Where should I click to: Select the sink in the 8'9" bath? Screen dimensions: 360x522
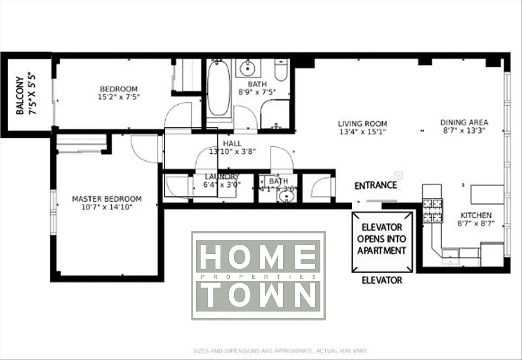click(247, 69)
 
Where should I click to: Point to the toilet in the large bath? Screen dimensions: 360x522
click(281, 71)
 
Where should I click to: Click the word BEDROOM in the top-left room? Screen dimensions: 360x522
click(118, 89)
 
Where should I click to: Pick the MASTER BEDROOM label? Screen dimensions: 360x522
click(107, 199)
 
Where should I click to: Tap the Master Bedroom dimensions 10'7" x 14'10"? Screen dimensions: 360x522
click(107, 207)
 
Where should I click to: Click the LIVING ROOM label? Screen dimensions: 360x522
click(363, 124)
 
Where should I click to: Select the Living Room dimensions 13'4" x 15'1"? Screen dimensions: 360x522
click(363, 132)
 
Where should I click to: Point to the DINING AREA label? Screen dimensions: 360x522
click(464, 122)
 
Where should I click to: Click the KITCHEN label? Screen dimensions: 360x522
click(476, 216)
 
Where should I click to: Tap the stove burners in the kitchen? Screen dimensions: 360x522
click(432, 210)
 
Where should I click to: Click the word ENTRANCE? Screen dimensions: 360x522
click(376, 185)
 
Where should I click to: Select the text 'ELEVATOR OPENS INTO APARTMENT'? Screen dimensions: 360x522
click(381, 239)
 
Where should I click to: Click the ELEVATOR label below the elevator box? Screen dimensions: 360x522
click(382, 280)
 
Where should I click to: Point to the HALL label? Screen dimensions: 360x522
click(232, 143)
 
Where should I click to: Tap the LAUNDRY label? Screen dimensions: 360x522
click(222, 177)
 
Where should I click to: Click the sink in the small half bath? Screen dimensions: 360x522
click(285, 197)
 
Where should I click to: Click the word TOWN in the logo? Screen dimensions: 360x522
click(258, 295)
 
